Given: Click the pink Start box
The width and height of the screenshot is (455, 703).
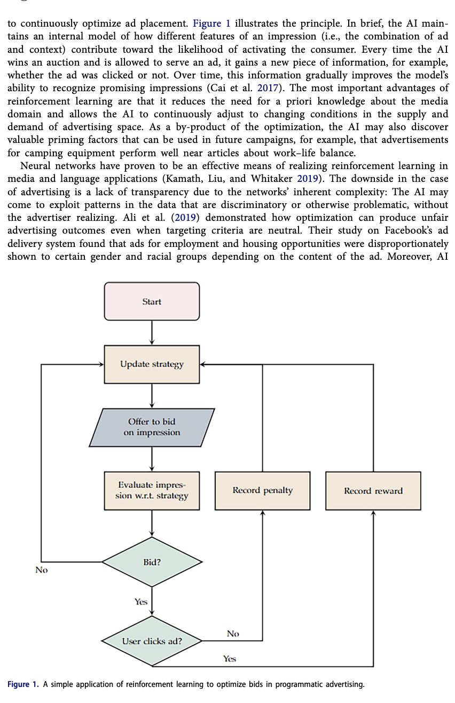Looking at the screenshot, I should [x=152, y=301].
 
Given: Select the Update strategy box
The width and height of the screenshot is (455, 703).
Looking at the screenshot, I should [x=152, y=364].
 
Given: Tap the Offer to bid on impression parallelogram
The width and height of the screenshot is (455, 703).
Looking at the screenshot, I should [x=152, y=427].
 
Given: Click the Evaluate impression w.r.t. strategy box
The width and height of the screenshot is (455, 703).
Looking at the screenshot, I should [x=152, y=490].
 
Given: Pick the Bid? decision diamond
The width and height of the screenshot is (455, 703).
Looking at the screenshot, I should [x=152, y=562].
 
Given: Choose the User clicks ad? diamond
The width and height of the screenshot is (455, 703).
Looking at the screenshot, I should [x=152, y=641].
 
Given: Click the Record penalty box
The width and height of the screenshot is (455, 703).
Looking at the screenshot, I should [x=262, y=490].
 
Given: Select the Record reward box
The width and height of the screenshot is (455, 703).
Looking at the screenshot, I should [x=373, y=490].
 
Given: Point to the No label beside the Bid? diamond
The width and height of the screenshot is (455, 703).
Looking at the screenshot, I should [x=41, y=570].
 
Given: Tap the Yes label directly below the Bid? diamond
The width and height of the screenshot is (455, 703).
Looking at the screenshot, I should [x=140, y=602].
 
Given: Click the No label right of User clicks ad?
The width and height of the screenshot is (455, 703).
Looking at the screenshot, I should [x=233, y=634].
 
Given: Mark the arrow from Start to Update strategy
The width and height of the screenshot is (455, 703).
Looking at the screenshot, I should [x=152, y=333].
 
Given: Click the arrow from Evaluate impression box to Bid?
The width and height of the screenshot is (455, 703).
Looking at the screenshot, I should [x=152, y=523].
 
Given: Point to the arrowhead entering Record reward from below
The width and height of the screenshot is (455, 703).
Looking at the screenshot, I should [x=373, y=513].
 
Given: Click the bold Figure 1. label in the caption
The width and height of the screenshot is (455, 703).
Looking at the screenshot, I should [x=23, y=684].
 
